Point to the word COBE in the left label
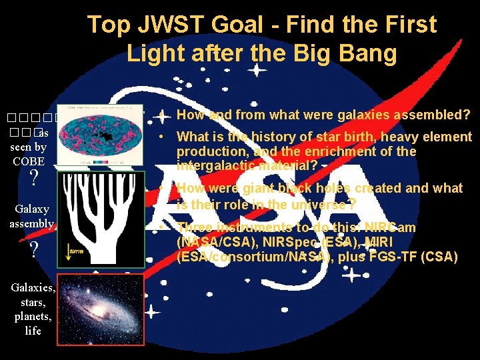(x=28, y=161)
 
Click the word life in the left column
(x=33, y=331)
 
